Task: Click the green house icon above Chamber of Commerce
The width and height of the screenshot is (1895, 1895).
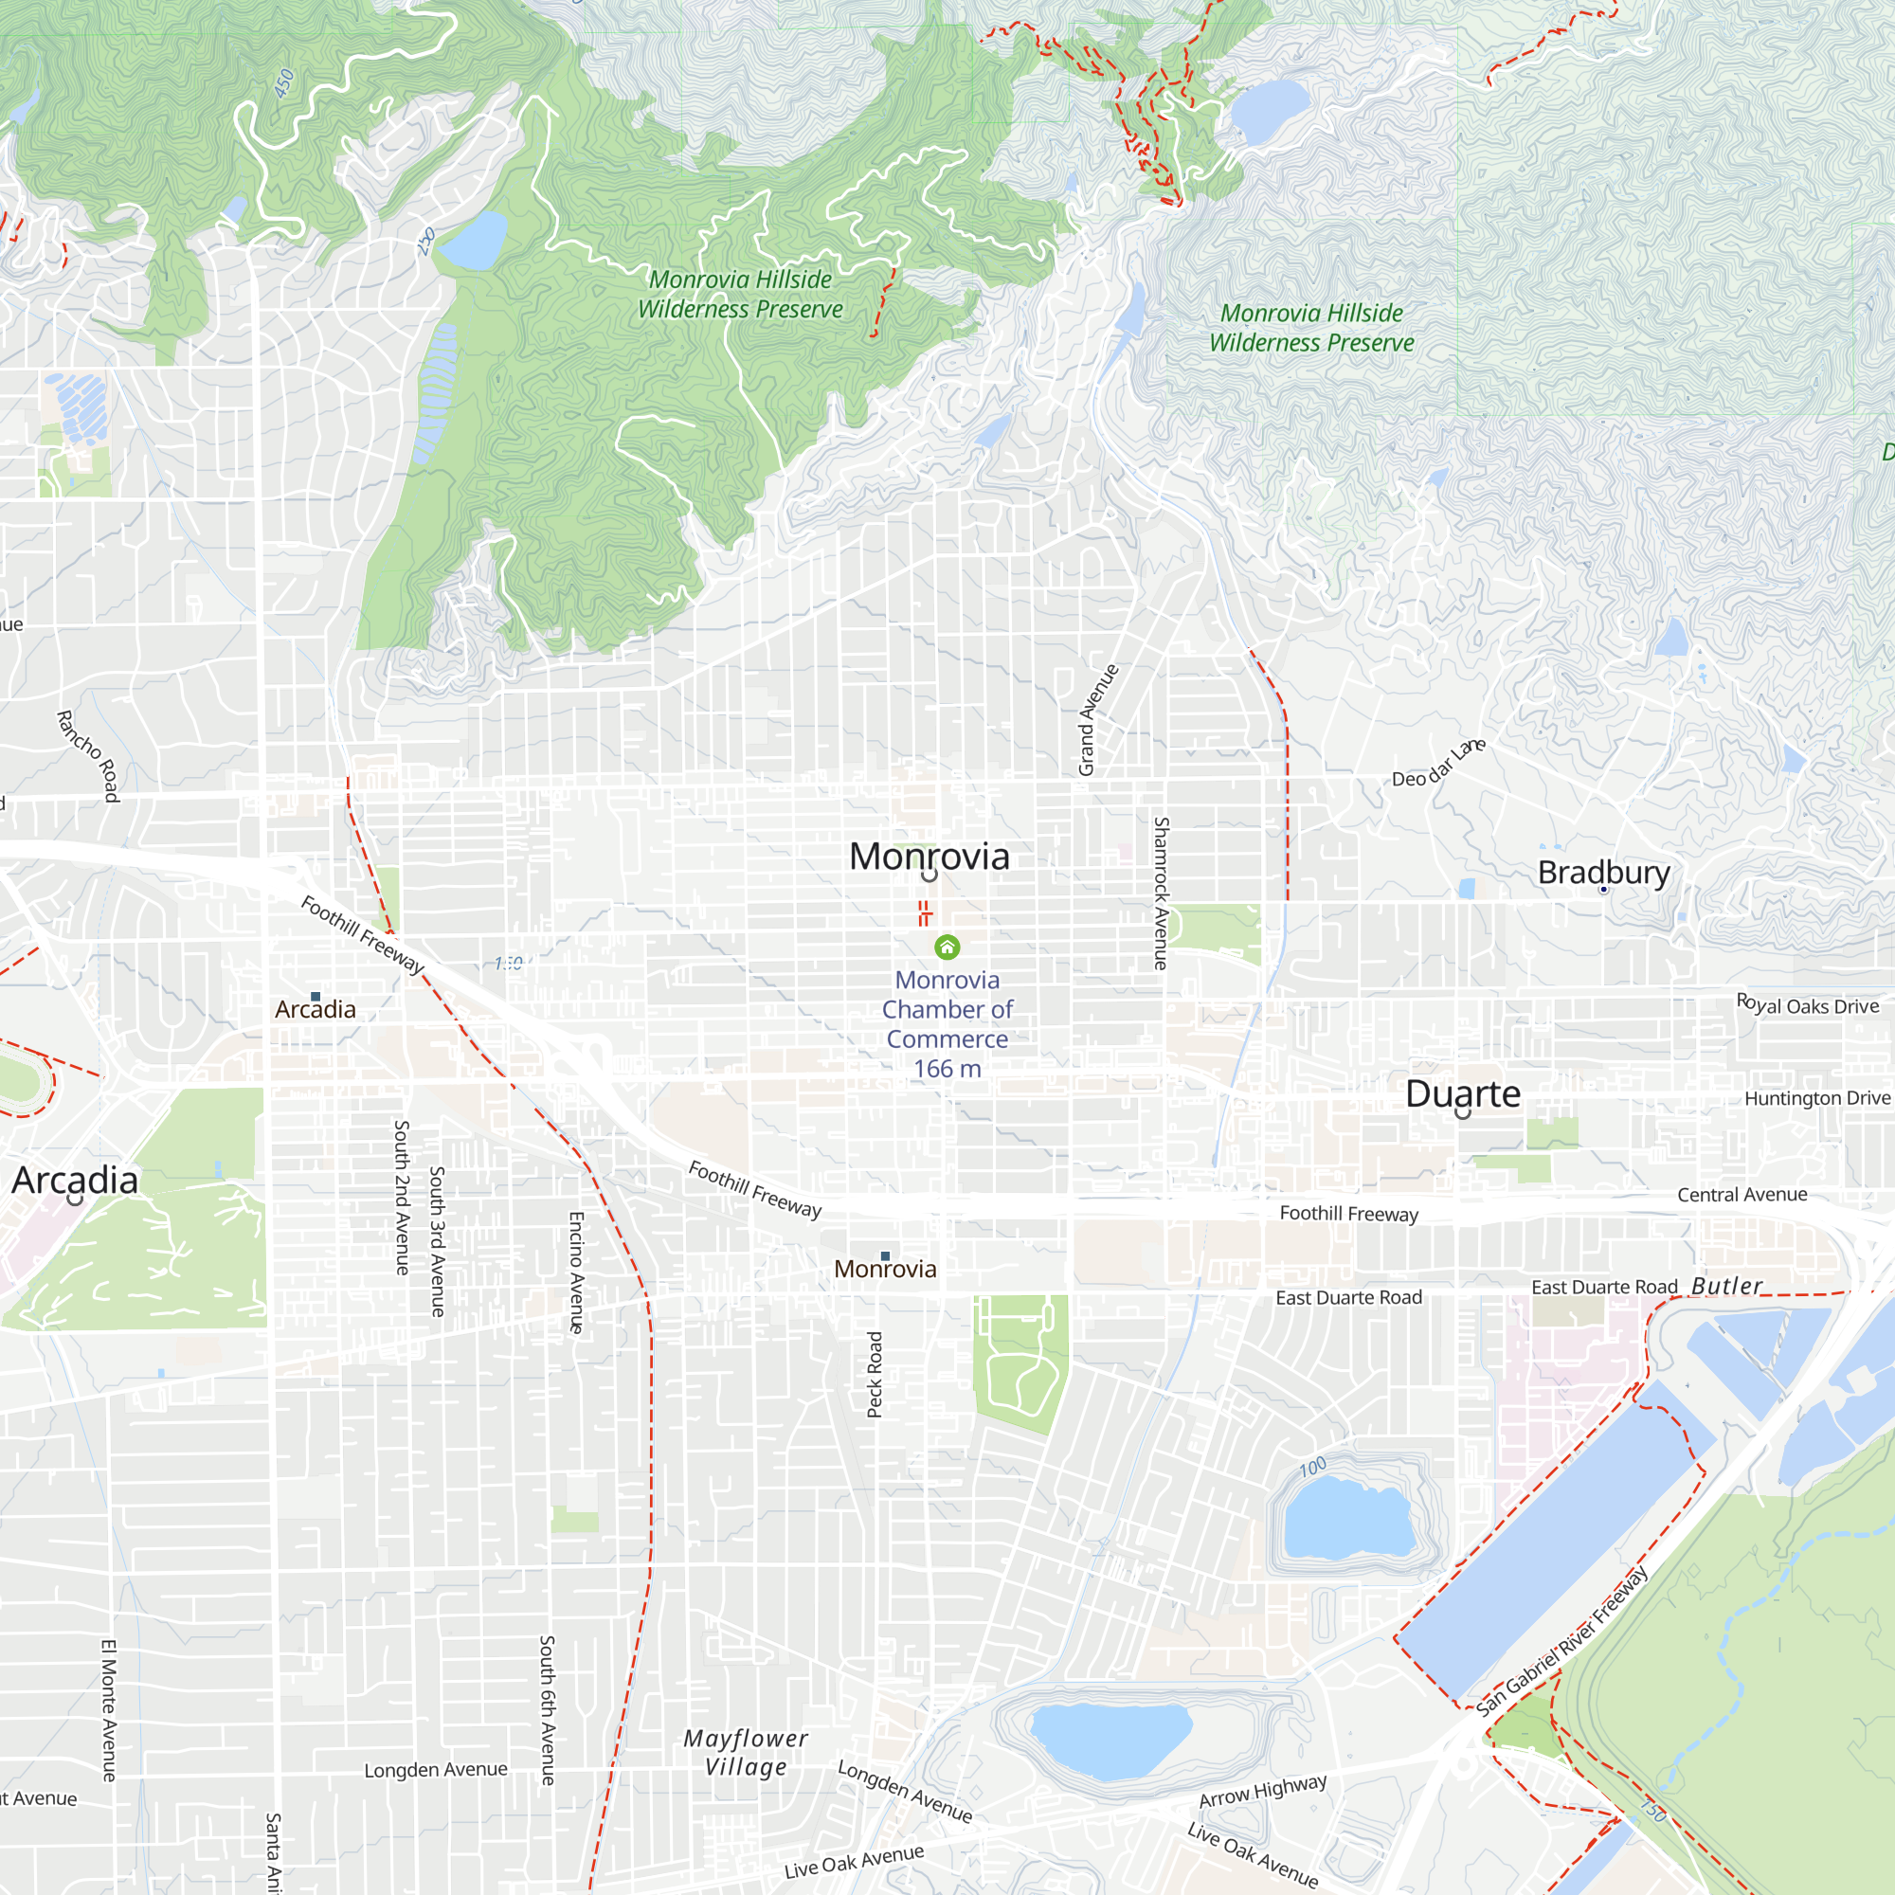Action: click(x=947, y=947)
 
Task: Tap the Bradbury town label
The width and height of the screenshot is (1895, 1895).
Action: click(x=1603, y=871)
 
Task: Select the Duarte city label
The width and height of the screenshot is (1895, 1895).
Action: click(x=1462, y=1092)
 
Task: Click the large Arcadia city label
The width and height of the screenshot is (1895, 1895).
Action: click(x=75, y=1179)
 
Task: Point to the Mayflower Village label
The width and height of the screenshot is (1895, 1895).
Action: click(x=746, y=1752)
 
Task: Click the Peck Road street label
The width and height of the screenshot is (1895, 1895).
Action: click(x=875, y=1374)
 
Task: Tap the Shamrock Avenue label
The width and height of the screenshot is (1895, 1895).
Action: click(x=1162, y=893)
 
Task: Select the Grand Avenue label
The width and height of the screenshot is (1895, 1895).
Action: click(x=1097, y=720)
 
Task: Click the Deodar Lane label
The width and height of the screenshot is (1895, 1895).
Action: click(x=1439, y=763)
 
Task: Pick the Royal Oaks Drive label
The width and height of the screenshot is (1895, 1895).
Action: click(x=1807, y=1005)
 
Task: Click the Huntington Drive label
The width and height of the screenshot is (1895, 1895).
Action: click(x=1816, y=1098)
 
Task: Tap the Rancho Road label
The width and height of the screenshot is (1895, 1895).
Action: click(x=88, y=756)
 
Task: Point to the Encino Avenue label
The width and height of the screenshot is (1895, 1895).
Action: click(x=577, y=1272)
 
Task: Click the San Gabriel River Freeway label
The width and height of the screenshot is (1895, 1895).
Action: click(x=1562, y=1641)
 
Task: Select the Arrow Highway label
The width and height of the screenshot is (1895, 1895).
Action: click(x=1262, y=1791)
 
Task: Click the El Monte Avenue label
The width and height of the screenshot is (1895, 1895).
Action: click(x=109, y=1709)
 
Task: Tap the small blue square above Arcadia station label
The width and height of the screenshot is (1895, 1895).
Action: click(x=316, y=997)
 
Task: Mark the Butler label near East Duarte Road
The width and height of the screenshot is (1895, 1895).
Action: click(x=1726, y=1286)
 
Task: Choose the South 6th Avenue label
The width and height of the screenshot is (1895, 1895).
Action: click(x=548, y=1709)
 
